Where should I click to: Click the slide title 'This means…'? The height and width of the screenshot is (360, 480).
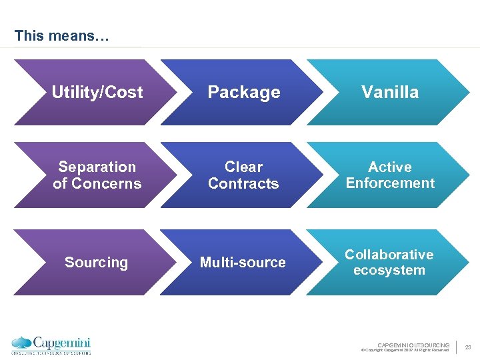coord(61,35)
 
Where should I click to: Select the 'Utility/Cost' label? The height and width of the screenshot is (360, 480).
coord(97,93)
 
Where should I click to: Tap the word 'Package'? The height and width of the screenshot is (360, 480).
coord(244,93)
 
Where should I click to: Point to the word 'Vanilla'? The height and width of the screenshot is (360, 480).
coord(390,93)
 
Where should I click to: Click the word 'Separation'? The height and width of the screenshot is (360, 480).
coord(97,167)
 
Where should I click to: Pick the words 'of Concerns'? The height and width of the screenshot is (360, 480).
coord(97,183)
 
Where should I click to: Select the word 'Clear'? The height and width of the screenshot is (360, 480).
coord(244,167)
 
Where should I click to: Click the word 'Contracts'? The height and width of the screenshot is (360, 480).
coord(244,183)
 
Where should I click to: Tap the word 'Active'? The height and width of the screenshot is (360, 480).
coord(390,167)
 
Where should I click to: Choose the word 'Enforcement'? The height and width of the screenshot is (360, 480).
coord(390,183)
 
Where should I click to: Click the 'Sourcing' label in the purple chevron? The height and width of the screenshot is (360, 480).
coord(97,263)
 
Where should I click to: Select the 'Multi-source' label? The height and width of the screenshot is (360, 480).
coord(243,263)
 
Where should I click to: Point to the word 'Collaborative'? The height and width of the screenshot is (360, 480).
coord(389,255)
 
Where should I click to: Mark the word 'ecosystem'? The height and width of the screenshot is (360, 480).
coord(389,270)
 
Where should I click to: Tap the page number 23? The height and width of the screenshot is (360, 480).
coord(467,347)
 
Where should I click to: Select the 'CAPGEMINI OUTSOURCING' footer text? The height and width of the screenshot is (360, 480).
coord(413,345)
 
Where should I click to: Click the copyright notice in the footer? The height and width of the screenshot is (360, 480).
coord(405,350)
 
